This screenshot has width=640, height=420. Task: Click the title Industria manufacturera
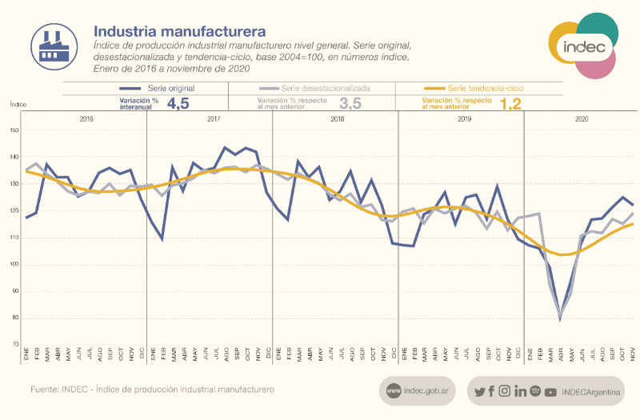pyautogui.click(x=179, y=32)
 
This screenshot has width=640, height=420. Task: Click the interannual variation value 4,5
pyautogui.click(x=178, y=103)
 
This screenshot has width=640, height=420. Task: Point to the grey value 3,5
pyautogui.click(x=350, y=103)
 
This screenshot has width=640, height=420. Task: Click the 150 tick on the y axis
pyautogui.click(x=14, y=130)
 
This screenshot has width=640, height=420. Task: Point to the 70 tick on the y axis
pyautogui.click(x=14, y=345)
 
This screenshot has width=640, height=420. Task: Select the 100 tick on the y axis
pyautogui.click(x=14, y=264)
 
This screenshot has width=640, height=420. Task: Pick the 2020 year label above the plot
pyautogui.click(x=582, y=118)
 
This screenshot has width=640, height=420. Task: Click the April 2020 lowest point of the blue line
pyautogui.click(x=560, y=318)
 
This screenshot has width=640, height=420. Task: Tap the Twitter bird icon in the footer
pyautogui.click(x=479, y=392)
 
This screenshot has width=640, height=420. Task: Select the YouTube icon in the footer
pyautogui.click(x=550, y=392)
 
